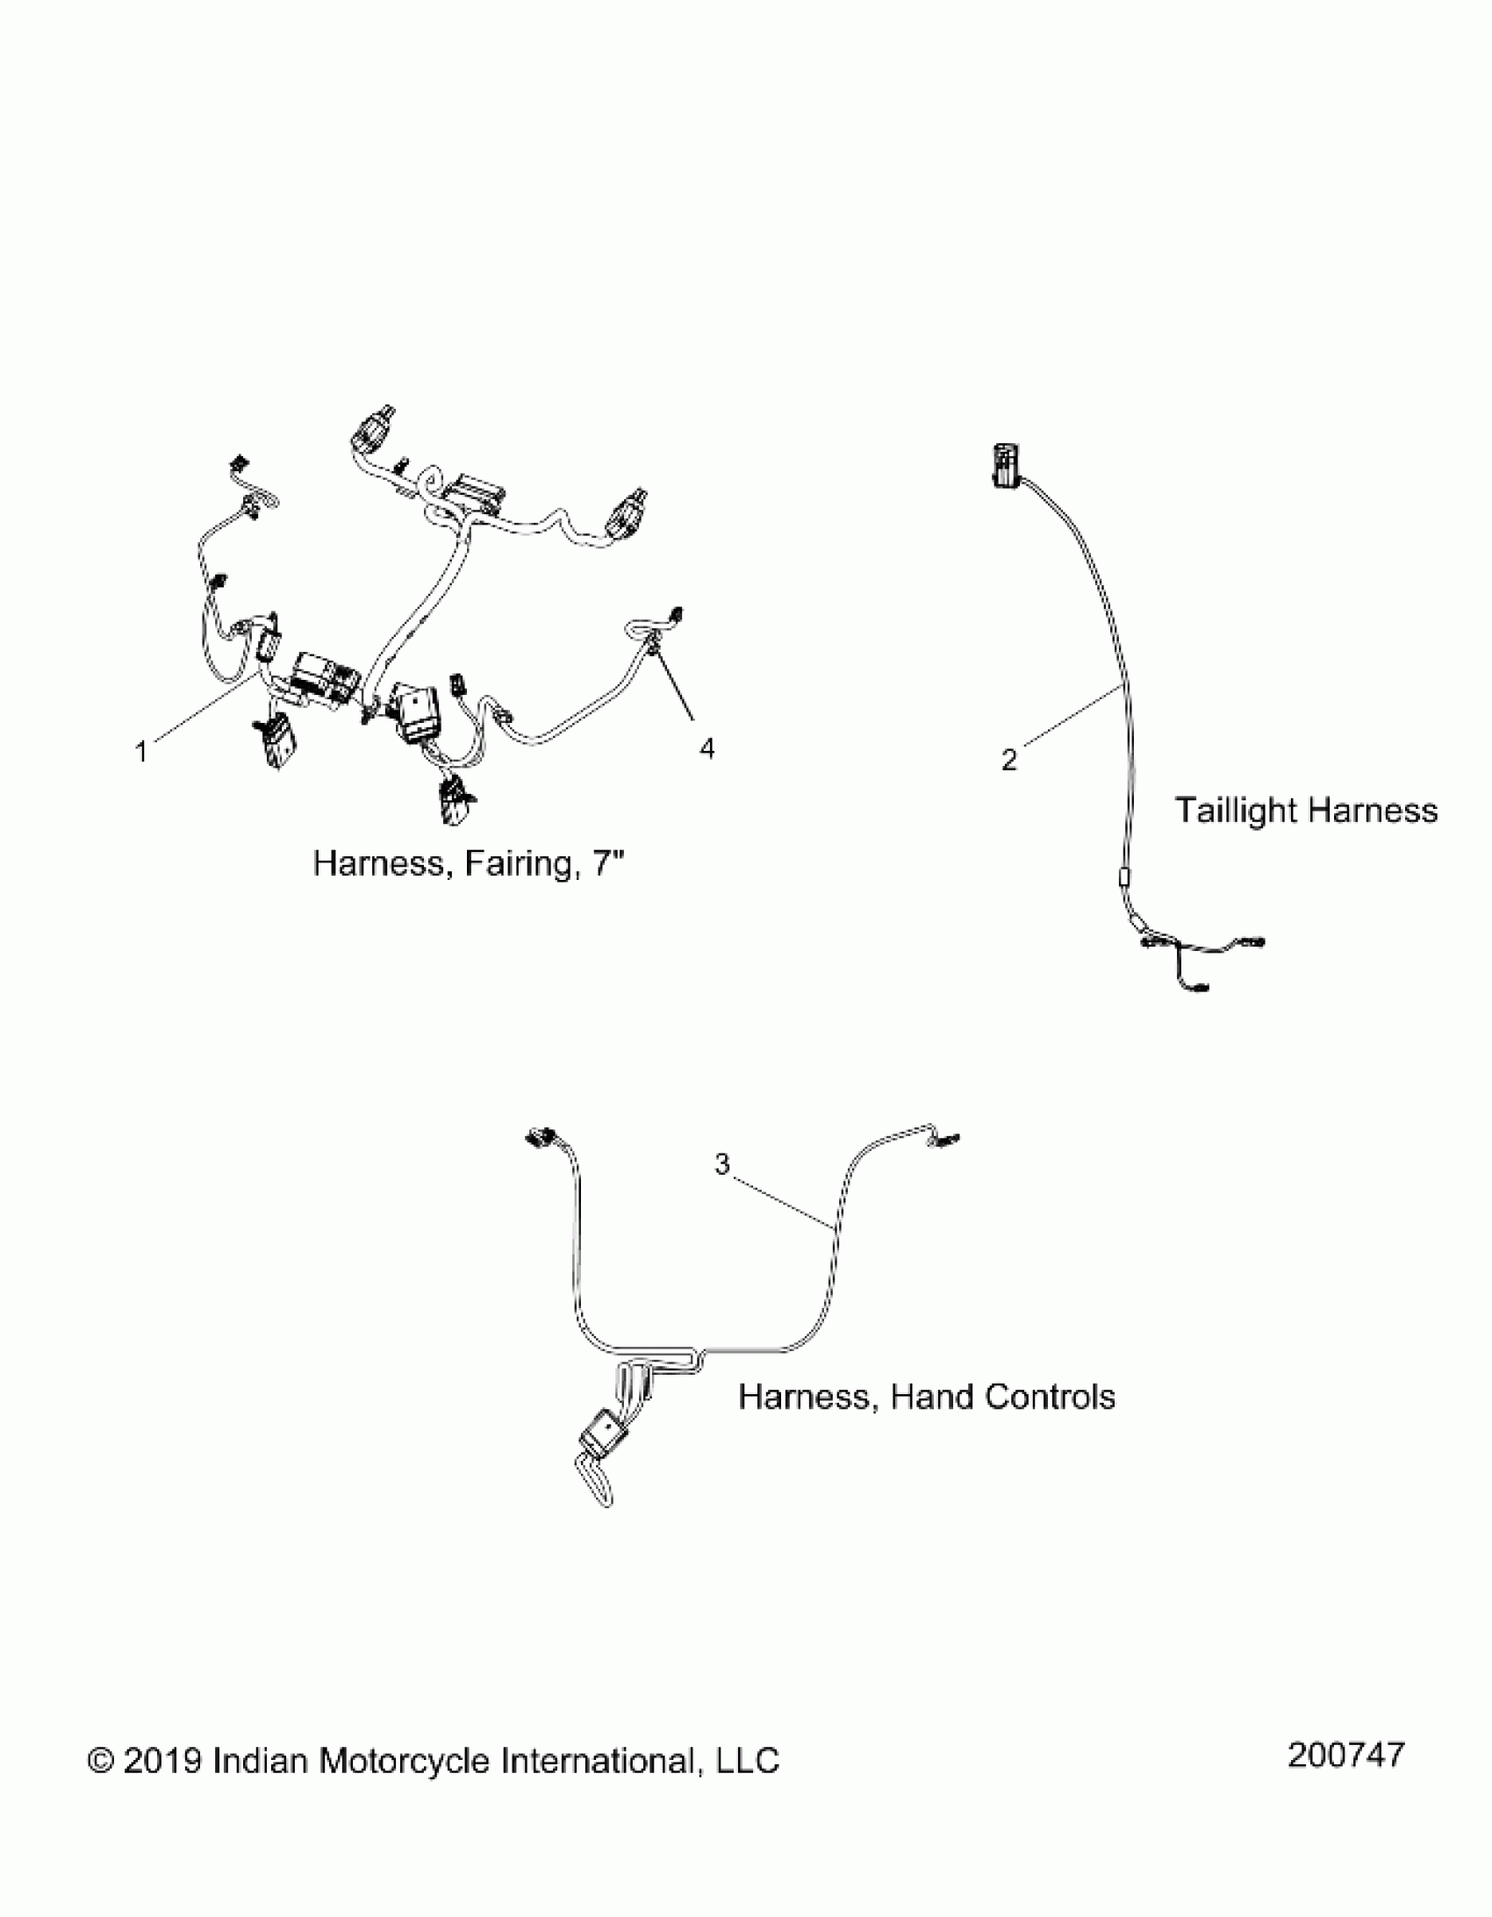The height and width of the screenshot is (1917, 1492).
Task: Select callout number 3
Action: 721,1165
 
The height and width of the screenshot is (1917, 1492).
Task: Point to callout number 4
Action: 707,747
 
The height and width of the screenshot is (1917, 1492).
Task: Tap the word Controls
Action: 1050,1397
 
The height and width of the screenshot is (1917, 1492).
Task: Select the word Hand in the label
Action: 932,1397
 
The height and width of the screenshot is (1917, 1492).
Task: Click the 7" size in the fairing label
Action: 608,863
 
